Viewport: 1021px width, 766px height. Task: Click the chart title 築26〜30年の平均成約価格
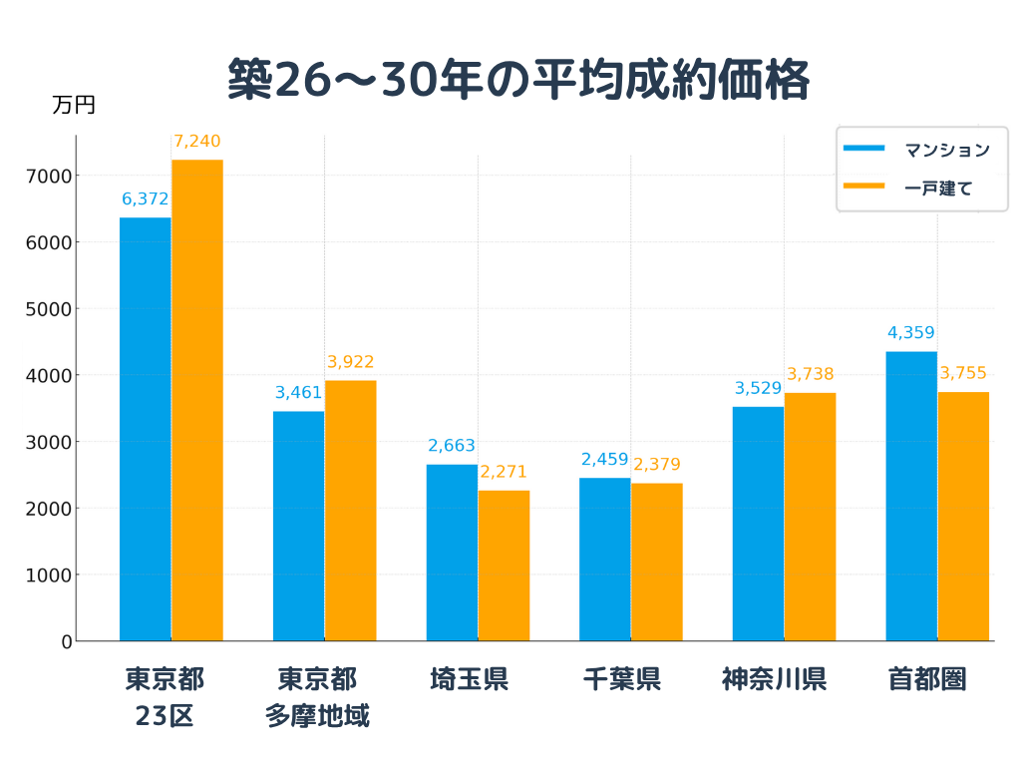pyautogui.click(x=517, y=80)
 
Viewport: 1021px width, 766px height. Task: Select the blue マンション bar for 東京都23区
pyautogui.click(x=146, y=429)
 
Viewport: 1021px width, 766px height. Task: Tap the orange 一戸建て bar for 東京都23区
pyautogui.click(x=197, y=399)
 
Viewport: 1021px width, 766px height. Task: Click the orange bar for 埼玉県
pyautogui.click(x=504, y=566)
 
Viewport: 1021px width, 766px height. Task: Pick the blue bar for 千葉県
pyautogui.click(x=605, y=559)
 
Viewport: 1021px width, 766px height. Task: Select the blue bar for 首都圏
pyautogui.click(x=911, y=496)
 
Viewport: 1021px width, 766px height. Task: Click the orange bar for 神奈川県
pyautogui.click(x=810, y=517)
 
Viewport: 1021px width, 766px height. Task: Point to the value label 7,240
pyautogui.click(x=197, y=142)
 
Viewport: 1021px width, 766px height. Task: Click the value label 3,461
pyautogui.click(x=298, y=393)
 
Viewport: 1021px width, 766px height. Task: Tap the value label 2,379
pyautogui.click(x=657, y=465)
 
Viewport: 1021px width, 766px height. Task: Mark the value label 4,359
pyautogui.click(x=911, y=333)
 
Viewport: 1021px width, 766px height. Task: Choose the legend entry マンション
pyautogui.click(x=946, y=151)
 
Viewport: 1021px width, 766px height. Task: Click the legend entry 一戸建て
pyautogui.click(x=937, y=188)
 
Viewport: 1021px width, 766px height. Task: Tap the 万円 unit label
pyautogui.click(x=74, y=105)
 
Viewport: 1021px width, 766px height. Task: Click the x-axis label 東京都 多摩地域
pyautogui.click(x=317, y=697)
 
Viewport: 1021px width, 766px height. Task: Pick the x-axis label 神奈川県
pyautogui.click(x=774, y=680)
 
